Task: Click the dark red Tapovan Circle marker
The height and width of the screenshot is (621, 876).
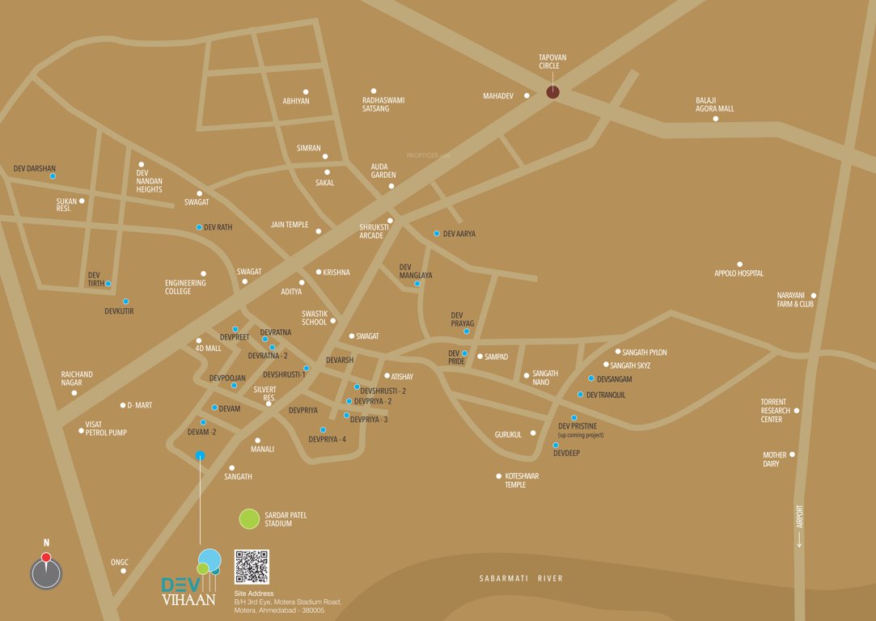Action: coord(552,91)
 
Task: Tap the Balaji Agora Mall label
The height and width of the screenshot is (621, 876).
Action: coord(715,104)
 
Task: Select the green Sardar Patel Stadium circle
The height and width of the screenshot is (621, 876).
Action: coord(250,519)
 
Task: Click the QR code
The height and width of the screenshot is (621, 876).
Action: coord(252,567)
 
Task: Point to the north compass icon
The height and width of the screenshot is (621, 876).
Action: coord(46,572)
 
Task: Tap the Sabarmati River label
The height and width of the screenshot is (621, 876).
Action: coord(520,578)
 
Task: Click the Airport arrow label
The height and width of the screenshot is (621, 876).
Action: coord(799,526)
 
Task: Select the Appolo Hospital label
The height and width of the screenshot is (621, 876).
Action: coord(738,273)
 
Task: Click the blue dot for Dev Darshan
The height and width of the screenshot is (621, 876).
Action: coord(53,176)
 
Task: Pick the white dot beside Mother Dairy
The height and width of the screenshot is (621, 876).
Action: coord(792,454)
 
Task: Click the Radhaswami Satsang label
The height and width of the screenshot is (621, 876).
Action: coord(383,104)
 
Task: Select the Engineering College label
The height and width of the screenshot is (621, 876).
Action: coord(185,287)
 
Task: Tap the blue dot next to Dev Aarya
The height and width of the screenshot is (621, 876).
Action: coord(437,234)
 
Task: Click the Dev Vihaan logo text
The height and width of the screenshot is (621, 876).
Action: coord(188,591)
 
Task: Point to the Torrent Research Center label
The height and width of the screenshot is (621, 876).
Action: coord(774,411)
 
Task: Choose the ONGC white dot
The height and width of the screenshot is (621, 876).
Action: coord(123,571)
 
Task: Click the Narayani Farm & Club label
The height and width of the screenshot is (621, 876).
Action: coord(795,299)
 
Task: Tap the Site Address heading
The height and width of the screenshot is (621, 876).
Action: coord(254,594)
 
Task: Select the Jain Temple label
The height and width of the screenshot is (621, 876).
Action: coord(290,225)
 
